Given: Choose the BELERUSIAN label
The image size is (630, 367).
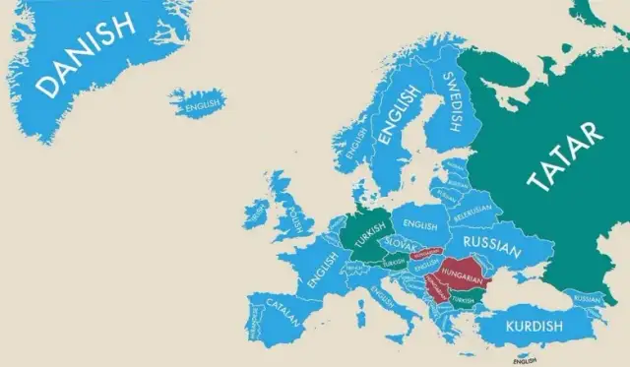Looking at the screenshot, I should tap(472, 212).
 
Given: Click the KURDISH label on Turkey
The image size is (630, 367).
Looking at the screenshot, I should tap(535, 326).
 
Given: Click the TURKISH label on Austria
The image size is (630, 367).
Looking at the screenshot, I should tap(393, 263).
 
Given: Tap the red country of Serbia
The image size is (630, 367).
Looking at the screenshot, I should tap(431, 286).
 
